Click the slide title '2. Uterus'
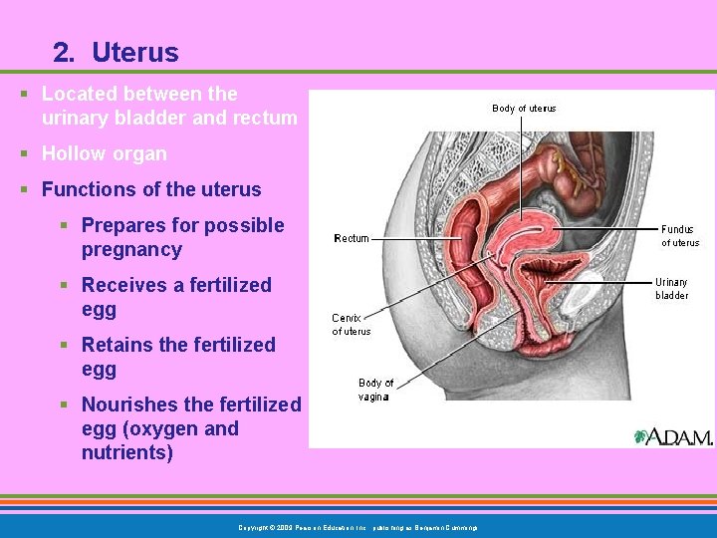[x=117, y=52]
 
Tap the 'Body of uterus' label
[x=524, y=109]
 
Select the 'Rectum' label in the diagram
[x=352, y=238]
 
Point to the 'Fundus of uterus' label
[x=680, y=235]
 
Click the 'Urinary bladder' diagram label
[x=672, y=288]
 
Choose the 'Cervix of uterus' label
[x=351, y=325]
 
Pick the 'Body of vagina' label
[x=375, y=390]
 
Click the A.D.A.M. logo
[x=673, y=436]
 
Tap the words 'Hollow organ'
[x=104, y=153]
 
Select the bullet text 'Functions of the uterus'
[x=150, y=189]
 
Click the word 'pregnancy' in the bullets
[x=131, y=250]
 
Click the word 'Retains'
[x=117, y=345]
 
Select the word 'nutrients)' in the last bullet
[x=127, y=453]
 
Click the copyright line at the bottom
[x=358, y=527]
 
